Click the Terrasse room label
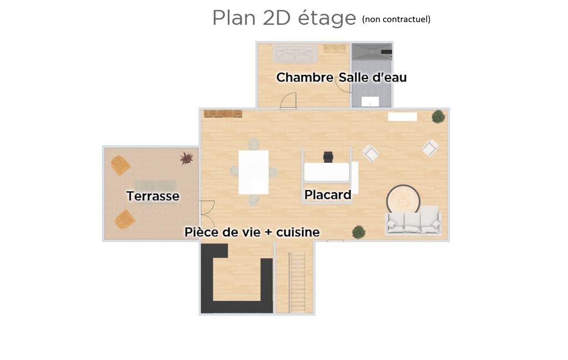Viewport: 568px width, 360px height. (153, 196)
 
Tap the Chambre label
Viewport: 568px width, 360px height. (305, 77)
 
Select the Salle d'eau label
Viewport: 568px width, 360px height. (372, 77)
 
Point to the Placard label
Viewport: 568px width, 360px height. (328, 195)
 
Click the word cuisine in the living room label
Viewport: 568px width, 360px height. (298, 232)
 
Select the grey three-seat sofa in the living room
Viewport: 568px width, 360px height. (413, 220)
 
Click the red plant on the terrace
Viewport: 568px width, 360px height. (187, 158)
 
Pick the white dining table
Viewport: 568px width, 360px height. (254, 172)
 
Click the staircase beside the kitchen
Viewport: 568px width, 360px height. (298, 282)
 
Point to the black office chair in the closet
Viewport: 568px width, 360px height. (328, 157)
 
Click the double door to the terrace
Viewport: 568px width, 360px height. (207, 214)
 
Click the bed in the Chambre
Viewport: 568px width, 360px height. (294, 53)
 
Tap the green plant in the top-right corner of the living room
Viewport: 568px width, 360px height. (438, 117)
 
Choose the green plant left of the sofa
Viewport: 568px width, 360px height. (359, 232)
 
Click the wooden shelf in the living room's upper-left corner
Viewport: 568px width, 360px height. (223, 114)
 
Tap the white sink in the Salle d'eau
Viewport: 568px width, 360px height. (370, 102)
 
